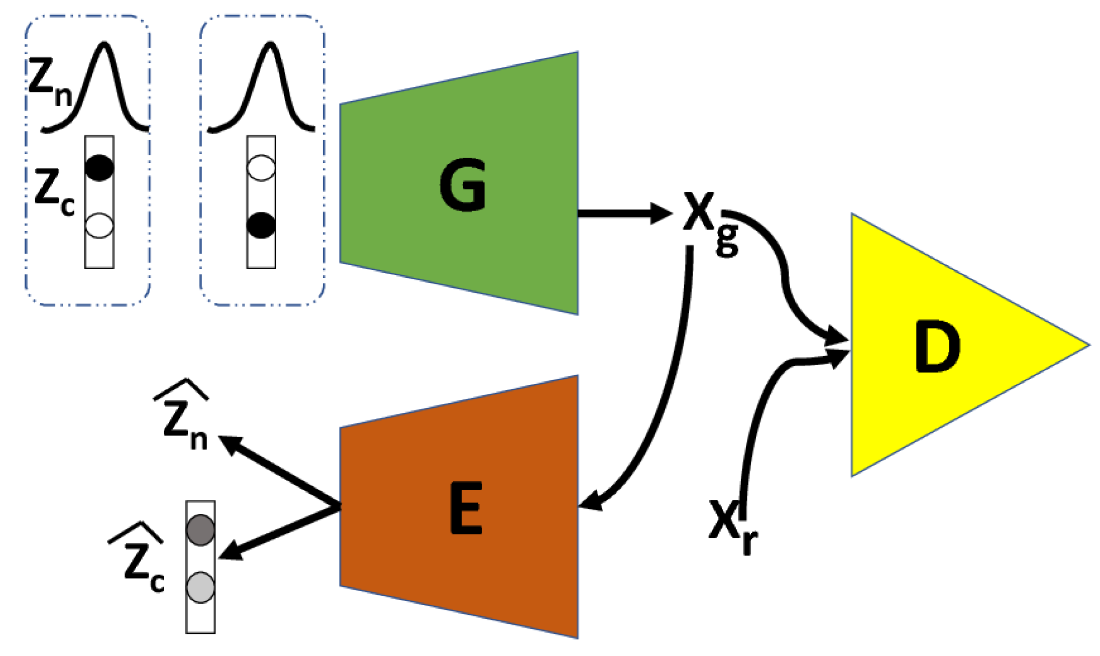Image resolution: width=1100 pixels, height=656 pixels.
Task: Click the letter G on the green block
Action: pos(462,186)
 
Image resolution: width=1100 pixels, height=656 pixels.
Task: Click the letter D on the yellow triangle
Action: pos(937,347)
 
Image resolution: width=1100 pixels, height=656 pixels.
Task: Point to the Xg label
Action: pos(708,221)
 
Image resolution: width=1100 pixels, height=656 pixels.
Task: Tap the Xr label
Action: pos(731,525)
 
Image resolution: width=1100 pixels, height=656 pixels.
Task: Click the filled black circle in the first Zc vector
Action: pos(99,168)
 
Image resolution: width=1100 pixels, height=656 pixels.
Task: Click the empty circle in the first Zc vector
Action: pos(99,225)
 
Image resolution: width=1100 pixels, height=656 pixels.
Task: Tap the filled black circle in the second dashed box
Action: pos(261,225)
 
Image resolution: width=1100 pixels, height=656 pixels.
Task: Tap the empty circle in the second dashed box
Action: pos(261,168)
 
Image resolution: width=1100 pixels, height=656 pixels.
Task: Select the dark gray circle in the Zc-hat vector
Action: pos(200,529)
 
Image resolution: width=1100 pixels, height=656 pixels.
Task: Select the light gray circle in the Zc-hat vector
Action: pos(200,587)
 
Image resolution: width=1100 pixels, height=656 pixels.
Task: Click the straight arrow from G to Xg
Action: pos(623,213)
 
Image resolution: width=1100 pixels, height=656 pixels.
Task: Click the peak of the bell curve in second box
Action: pos(270,44)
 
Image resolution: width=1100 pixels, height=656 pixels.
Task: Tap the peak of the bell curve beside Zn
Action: pos(104,44)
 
